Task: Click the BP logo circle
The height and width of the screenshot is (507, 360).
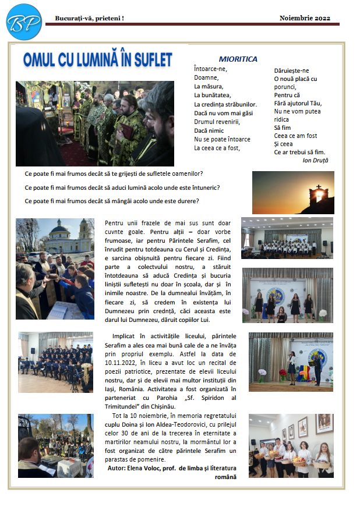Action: pos(24,22)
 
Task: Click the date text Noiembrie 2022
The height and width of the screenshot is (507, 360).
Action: pos(305,18)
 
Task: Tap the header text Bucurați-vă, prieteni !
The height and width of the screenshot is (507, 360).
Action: pos(89,19)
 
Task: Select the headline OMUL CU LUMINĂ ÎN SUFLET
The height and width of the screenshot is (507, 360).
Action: pos(98,59)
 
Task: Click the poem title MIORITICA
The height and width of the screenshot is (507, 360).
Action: pos(238,59)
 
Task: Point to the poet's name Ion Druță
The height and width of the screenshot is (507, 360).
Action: pos(316,159)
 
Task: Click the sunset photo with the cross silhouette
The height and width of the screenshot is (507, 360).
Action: pos(293,192)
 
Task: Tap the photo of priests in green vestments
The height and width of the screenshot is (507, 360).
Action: pos(94,123)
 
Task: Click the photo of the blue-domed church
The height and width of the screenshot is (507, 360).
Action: pos(55,268)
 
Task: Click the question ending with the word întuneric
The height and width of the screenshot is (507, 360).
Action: pos(122,187)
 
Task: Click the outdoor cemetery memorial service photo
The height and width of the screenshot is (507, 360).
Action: pos(55,445)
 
